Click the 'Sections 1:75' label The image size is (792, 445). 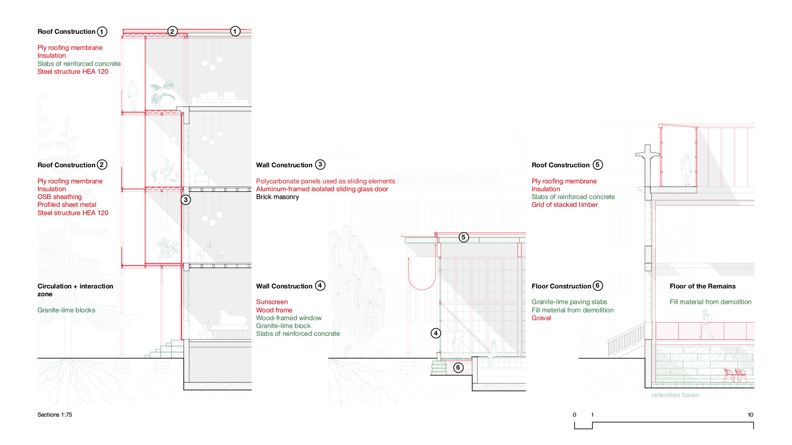pyautogui.click(x=54, y=415)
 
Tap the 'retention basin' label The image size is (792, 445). pyautogui.click(x=675, y=395)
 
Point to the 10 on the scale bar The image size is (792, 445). pyautogui.click(x=750, y=415)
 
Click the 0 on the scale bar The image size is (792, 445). pyautogui.click(x=574, y=415)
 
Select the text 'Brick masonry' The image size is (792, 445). pyautogui.click(x=278, y=197)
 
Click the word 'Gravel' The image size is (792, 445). pyautogui.click(x=541, y=318)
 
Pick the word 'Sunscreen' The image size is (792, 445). pyautogui.click(x=272, y=302)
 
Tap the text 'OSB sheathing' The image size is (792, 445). pyautogui.click(x=59, y=197)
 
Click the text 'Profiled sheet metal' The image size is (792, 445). pyautogui.click(x=67, y=205)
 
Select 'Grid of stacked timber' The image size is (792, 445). pyautogui.click(x=564, y=205)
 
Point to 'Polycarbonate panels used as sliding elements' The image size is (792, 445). pyautogui.click(x=325, y=181)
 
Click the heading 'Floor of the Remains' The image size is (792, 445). pyautogui.click(x=702, y=286)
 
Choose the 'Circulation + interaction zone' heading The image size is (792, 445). pyautogui.click(x=75, y=290)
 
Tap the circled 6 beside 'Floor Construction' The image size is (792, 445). pyautogui.click(x=598, y=286)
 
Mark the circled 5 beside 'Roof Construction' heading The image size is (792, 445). pyautogui.click(x=598, y=165)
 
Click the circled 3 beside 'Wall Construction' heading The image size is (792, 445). pyautogui.click(x=320, y=165)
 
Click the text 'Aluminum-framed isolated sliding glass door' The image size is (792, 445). pyautogui.click(x=322, y=189)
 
